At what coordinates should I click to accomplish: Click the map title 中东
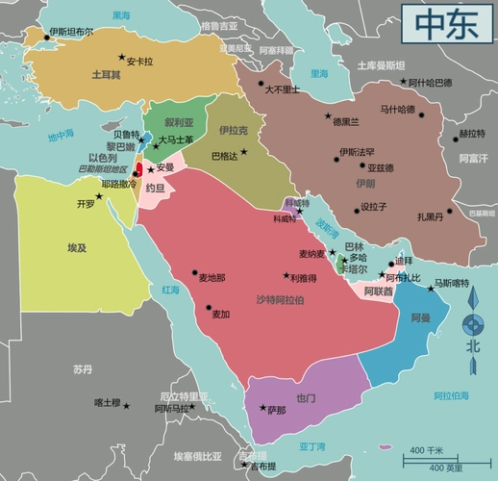(446, 25)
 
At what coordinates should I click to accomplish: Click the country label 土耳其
(106, 74)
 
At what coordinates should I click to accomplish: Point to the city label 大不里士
(283, 89)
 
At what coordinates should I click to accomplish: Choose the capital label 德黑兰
(345, 121)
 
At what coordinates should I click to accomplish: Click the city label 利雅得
(302, 278)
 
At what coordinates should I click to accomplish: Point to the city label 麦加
(221, 314)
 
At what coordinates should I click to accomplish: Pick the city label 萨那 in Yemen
(276, 411)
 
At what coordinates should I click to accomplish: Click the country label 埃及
(77, 247)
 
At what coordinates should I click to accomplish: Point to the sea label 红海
(170, 289)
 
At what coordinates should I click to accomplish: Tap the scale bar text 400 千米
(428, 449)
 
